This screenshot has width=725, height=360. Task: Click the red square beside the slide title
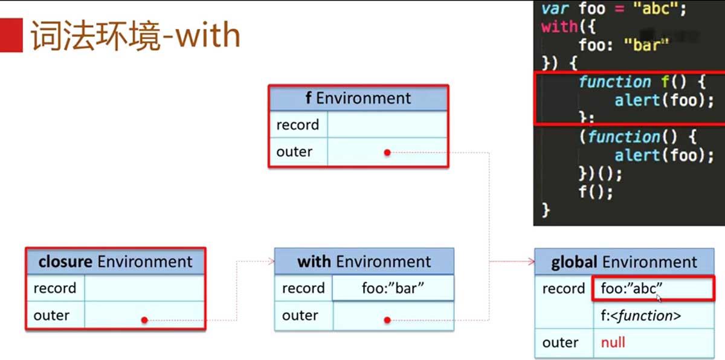pos(11,35)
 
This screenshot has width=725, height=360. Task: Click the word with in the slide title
pos(208,34)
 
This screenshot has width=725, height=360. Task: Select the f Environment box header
pos(358,98)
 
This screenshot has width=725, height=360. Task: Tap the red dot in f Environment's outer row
pos(387,152)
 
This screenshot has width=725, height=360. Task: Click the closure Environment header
pos(115,262)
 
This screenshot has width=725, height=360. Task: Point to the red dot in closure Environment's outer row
pos(144,320)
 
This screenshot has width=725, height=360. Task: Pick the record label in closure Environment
pos(55,288)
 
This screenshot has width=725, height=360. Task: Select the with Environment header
pos(364,262)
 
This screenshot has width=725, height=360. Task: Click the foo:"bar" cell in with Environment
pos(393,288)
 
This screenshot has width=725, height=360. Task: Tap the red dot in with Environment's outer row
pos(387,320)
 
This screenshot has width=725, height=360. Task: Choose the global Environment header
pos(624,262)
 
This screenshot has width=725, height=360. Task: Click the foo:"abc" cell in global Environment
pos(653,288)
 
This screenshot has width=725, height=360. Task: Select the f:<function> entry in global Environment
pos(641,315)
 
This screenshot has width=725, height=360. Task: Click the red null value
pos(613,342)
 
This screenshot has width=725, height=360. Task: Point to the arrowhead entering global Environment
pos(532,262)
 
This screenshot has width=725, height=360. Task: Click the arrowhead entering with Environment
pos(271,261)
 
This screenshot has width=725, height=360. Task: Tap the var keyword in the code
pos(555,8)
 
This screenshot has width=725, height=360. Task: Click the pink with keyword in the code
pos(559,27)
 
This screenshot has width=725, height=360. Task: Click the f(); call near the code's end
pos(595,192)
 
